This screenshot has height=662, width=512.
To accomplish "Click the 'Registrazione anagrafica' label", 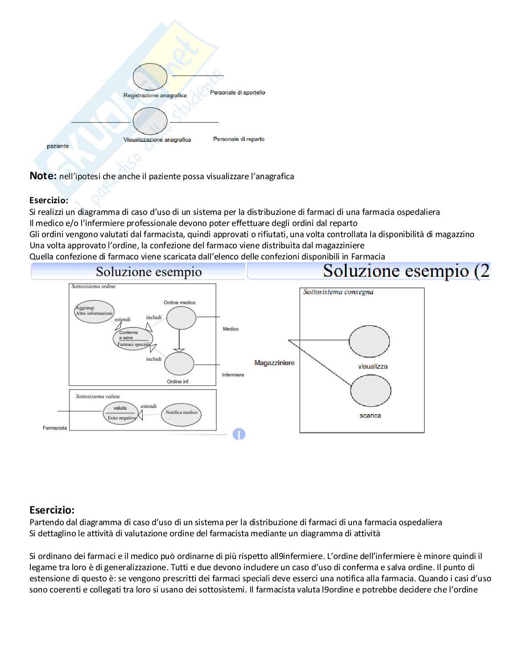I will coord(155,95).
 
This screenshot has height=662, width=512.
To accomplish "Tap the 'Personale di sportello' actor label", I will coord(237,93).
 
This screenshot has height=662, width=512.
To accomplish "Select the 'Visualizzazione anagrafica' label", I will coord(157,140).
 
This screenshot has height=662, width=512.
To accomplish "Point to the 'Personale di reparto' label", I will coord(239,139).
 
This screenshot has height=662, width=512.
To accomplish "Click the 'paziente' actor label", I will coord(58,146).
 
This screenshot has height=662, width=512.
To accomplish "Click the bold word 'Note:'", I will coord(43,176).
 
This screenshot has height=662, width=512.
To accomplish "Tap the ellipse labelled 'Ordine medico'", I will coord(181,318).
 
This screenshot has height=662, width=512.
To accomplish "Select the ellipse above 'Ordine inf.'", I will coord(179,364).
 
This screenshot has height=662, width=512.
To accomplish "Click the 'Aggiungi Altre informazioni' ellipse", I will coord(94,311).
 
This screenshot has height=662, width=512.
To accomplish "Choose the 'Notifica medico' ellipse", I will coord(181,414).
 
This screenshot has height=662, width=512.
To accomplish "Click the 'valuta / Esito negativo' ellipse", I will coord(120,413).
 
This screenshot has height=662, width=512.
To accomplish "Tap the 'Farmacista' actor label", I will coord(55,428).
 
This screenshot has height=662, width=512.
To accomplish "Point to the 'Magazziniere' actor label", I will coord(274,363).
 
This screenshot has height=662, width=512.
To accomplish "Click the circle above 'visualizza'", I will coord(369,342).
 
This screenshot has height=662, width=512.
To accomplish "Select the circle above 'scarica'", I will coord(371,390).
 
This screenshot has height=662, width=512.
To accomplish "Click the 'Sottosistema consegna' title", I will coord(338,292).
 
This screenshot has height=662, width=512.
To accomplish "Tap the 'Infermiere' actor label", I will coord(233,375).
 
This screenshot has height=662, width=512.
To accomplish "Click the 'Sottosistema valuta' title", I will coord(97,396).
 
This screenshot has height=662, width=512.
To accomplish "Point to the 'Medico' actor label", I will coord(231,329).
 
